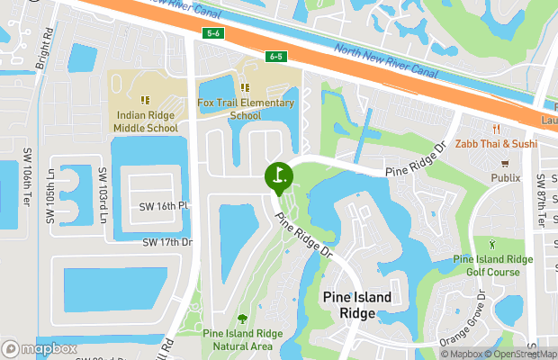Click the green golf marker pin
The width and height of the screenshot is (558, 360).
(278, 175)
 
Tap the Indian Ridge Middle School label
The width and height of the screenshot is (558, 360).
(146, 121)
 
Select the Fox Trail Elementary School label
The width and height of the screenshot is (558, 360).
(246, 109)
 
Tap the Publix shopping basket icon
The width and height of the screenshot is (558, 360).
(505, 165)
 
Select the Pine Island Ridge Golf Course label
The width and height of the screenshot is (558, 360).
(492, 265)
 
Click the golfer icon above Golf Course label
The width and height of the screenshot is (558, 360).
(491, 245)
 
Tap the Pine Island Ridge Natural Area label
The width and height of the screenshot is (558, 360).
(243, 338)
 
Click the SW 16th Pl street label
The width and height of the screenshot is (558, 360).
(164, 206)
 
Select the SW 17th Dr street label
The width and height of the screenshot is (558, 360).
(167, 242)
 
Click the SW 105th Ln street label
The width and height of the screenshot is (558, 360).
(51, 196)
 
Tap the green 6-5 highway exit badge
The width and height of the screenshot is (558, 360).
(276, 57)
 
